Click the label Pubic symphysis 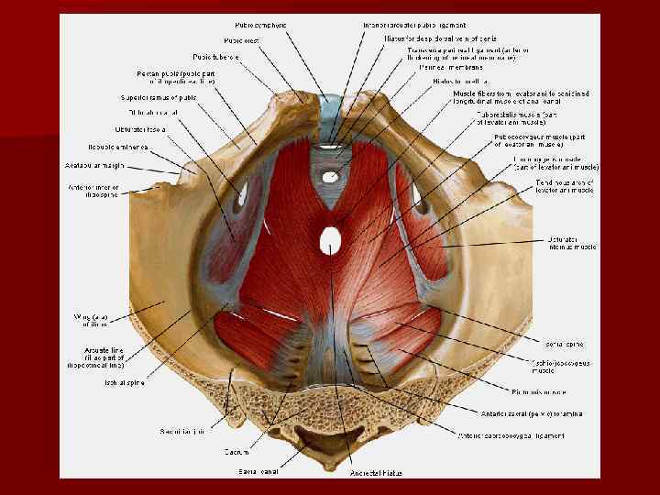tap(260, 24)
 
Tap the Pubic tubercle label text tap(217, 57)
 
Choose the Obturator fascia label tap(140, 129)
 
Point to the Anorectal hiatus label tap(373, 473)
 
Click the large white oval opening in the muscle tap(331, 241)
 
